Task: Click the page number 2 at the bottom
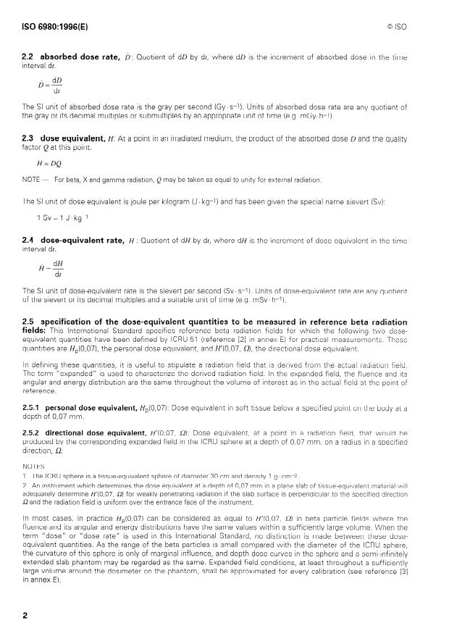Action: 25,614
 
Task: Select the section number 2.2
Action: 29,75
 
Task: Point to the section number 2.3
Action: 29,138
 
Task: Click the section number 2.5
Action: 29,322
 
